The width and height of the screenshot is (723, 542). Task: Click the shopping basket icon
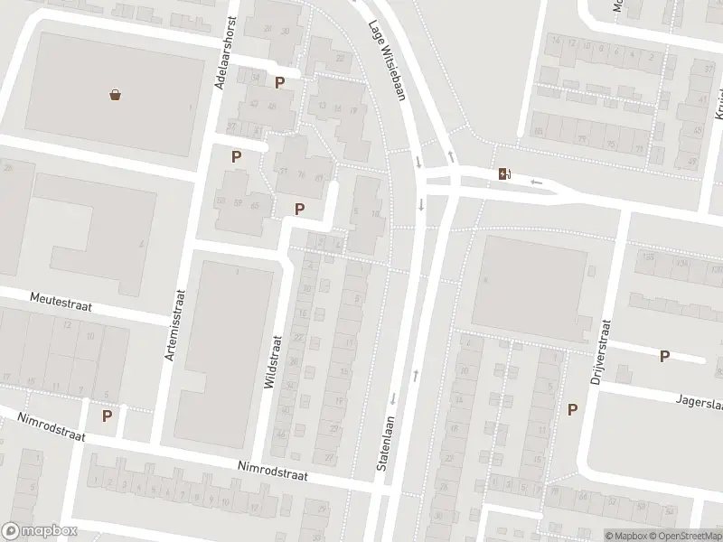click(x=115, y=94)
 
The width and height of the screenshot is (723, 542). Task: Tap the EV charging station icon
click(x=503, y=174)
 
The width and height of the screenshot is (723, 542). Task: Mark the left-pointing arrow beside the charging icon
click(x=536, y=182)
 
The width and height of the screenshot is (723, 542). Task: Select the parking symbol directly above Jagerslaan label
click(x=664, y=357)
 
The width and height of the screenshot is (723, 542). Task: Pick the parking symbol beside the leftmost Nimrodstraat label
click(x=107, y=416)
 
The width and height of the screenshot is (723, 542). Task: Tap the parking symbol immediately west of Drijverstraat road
click(x=572, y=410)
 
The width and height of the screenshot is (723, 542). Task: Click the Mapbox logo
click(x=40, y=531)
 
